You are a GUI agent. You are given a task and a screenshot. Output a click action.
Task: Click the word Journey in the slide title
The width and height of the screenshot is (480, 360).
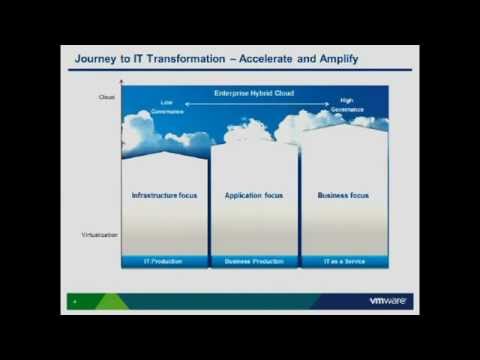99,59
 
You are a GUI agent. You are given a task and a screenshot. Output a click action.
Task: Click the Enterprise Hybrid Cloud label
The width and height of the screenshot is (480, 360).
255,93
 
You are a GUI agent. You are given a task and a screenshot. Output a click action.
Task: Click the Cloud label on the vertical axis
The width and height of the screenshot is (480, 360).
108,97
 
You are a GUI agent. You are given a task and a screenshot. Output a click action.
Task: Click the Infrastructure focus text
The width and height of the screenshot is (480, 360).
165,195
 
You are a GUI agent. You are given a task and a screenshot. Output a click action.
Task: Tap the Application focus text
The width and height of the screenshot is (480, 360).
254,195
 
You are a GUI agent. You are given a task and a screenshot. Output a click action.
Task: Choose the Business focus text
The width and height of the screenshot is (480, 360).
343,195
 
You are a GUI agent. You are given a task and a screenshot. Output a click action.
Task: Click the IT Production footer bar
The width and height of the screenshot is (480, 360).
165,262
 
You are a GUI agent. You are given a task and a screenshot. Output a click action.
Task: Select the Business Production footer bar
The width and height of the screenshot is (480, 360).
254,262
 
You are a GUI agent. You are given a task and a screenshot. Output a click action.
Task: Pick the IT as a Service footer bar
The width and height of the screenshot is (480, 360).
344,262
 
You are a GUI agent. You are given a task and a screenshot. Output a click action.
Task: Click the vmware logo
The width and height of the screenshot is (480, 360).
390,300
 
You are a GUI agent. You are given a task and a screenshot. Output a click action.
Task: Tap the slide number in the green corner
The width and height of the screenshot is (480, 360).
74,300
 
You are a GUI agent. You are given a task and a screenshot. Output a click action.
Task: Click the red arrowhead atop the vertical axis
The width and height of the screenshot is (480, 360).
122,82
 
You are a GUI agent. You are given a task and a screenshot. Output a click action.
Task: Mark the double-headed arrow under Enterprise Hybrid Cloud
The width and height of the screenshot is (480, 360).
255,102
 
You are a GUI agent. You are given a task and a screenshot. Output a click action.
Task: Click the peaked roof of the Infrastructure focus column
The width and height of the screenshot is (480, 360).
165,153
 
